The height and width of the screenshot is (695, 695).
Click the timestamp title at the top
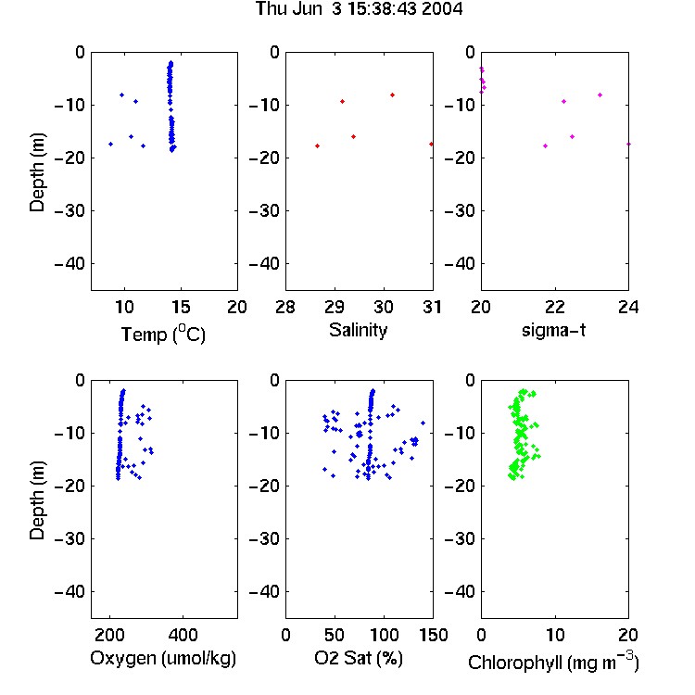click(x=359, y=9)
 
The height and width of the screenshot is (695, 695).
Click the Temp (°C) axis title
click(x=163, y=334)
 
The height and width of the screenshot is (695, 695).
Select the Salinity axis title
click(x=358, y=330)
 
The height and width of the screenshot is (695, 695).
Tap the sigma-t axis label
click(x=553, y=330)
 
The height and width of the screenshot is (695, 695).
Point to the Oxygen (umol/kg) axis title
click(x=163, y=658)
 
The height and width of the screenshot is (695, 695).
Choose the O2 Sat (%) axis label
click(x=359, y=658)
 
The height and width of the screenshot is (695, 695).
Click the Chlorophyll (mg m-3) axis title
click(x=553, y=662)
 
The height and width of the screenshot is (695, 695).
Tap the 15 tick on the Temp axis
click(x=181, y=307)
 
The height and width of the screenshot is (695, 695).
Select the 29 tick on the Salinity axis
click(x=335, y=307)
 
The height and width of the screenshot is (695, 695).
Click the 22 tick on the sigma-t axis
click(x=554, y=307)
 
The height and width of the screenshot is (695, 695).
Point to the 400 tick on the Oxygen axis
click(x=183, y=635)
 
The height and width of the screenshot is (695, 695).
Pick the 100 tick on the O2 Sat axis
click(x=384, y=635)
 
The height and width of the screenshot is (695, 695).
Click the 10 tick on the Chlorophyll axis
click(x=554, y=635)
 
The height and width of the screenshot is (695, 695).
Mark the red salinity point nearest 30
click(x=392, y=95)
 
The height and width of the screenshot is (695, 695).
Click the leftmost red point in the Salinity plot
click(x=317, y=145)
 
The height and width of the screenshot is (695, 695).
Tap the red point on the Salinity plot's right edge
click(x=431, y=144)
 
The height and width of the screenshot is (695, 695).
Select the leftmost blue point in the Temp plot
click(x=111, y=144)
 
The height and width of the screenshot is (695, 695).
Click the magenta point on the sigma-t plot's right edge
click(x=628, y=144)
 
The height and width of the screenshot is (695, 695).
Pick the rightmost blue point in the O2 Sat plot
click(x=423, y=423)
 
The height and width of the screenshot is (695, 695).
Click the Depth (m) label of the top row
click(x=37, y=172)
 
